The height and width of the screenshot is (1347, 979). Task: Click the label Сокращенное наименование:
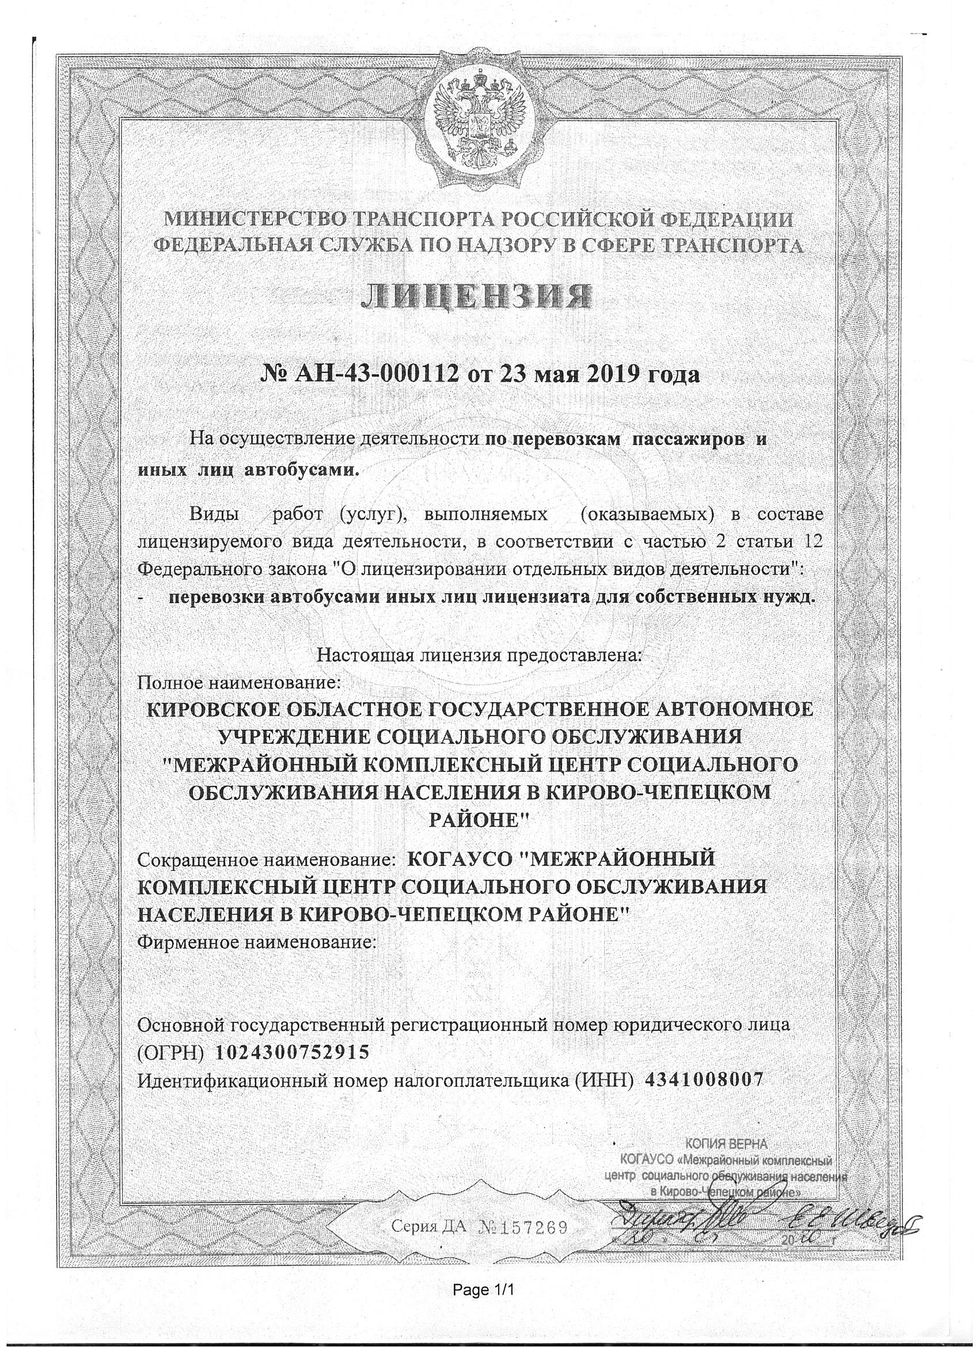click(264, 859)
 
